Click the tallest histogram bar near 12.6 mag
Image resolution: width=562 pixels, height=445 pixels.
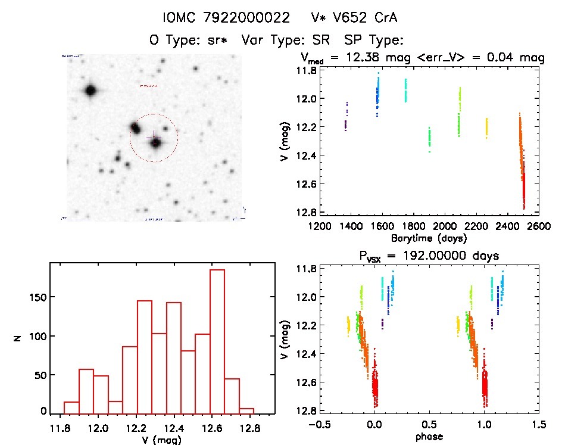click(217, 340)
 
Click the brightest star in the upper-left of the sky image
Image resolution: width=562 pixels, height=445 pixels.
click(90, 91)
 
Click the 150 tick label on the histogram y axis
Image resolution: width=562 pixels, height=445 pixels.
click(35, 297)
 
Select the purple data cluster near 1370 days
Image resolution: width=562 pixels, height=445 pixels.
click(346, 117)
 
